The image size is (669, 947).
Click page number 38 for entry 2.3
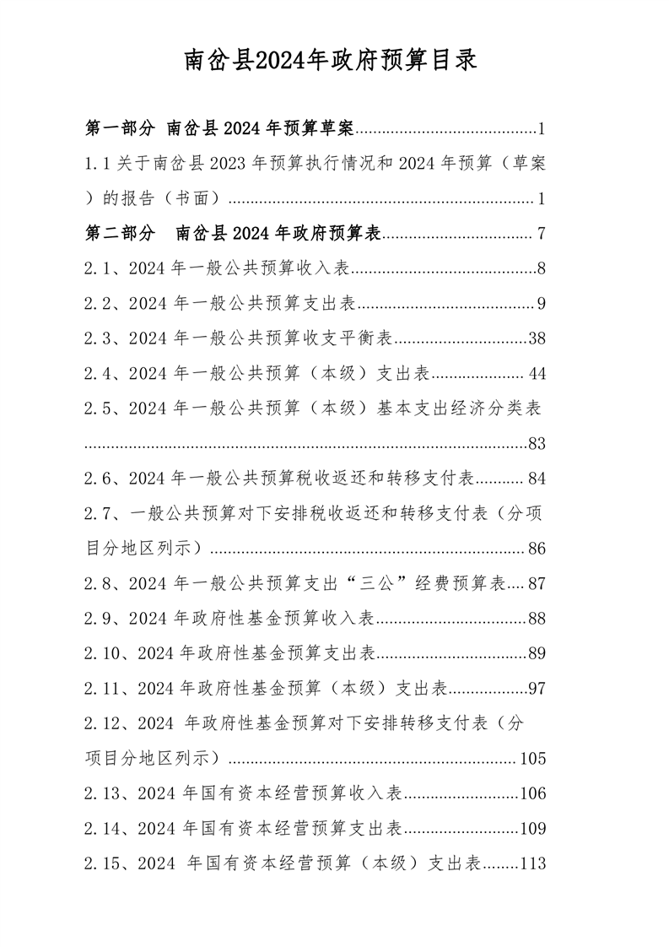(x=537, y=339)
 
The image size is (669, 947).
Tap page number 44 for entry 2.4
(x=537, y=374)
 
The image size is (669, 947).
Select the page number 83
(x=537, y=444)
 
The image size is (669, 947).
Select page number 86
(x=537, y=549)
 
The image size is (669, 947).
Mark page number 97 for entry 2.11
(x=537, y=689)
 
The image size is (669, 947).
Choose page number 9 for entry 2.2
(x=542, y=304)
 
